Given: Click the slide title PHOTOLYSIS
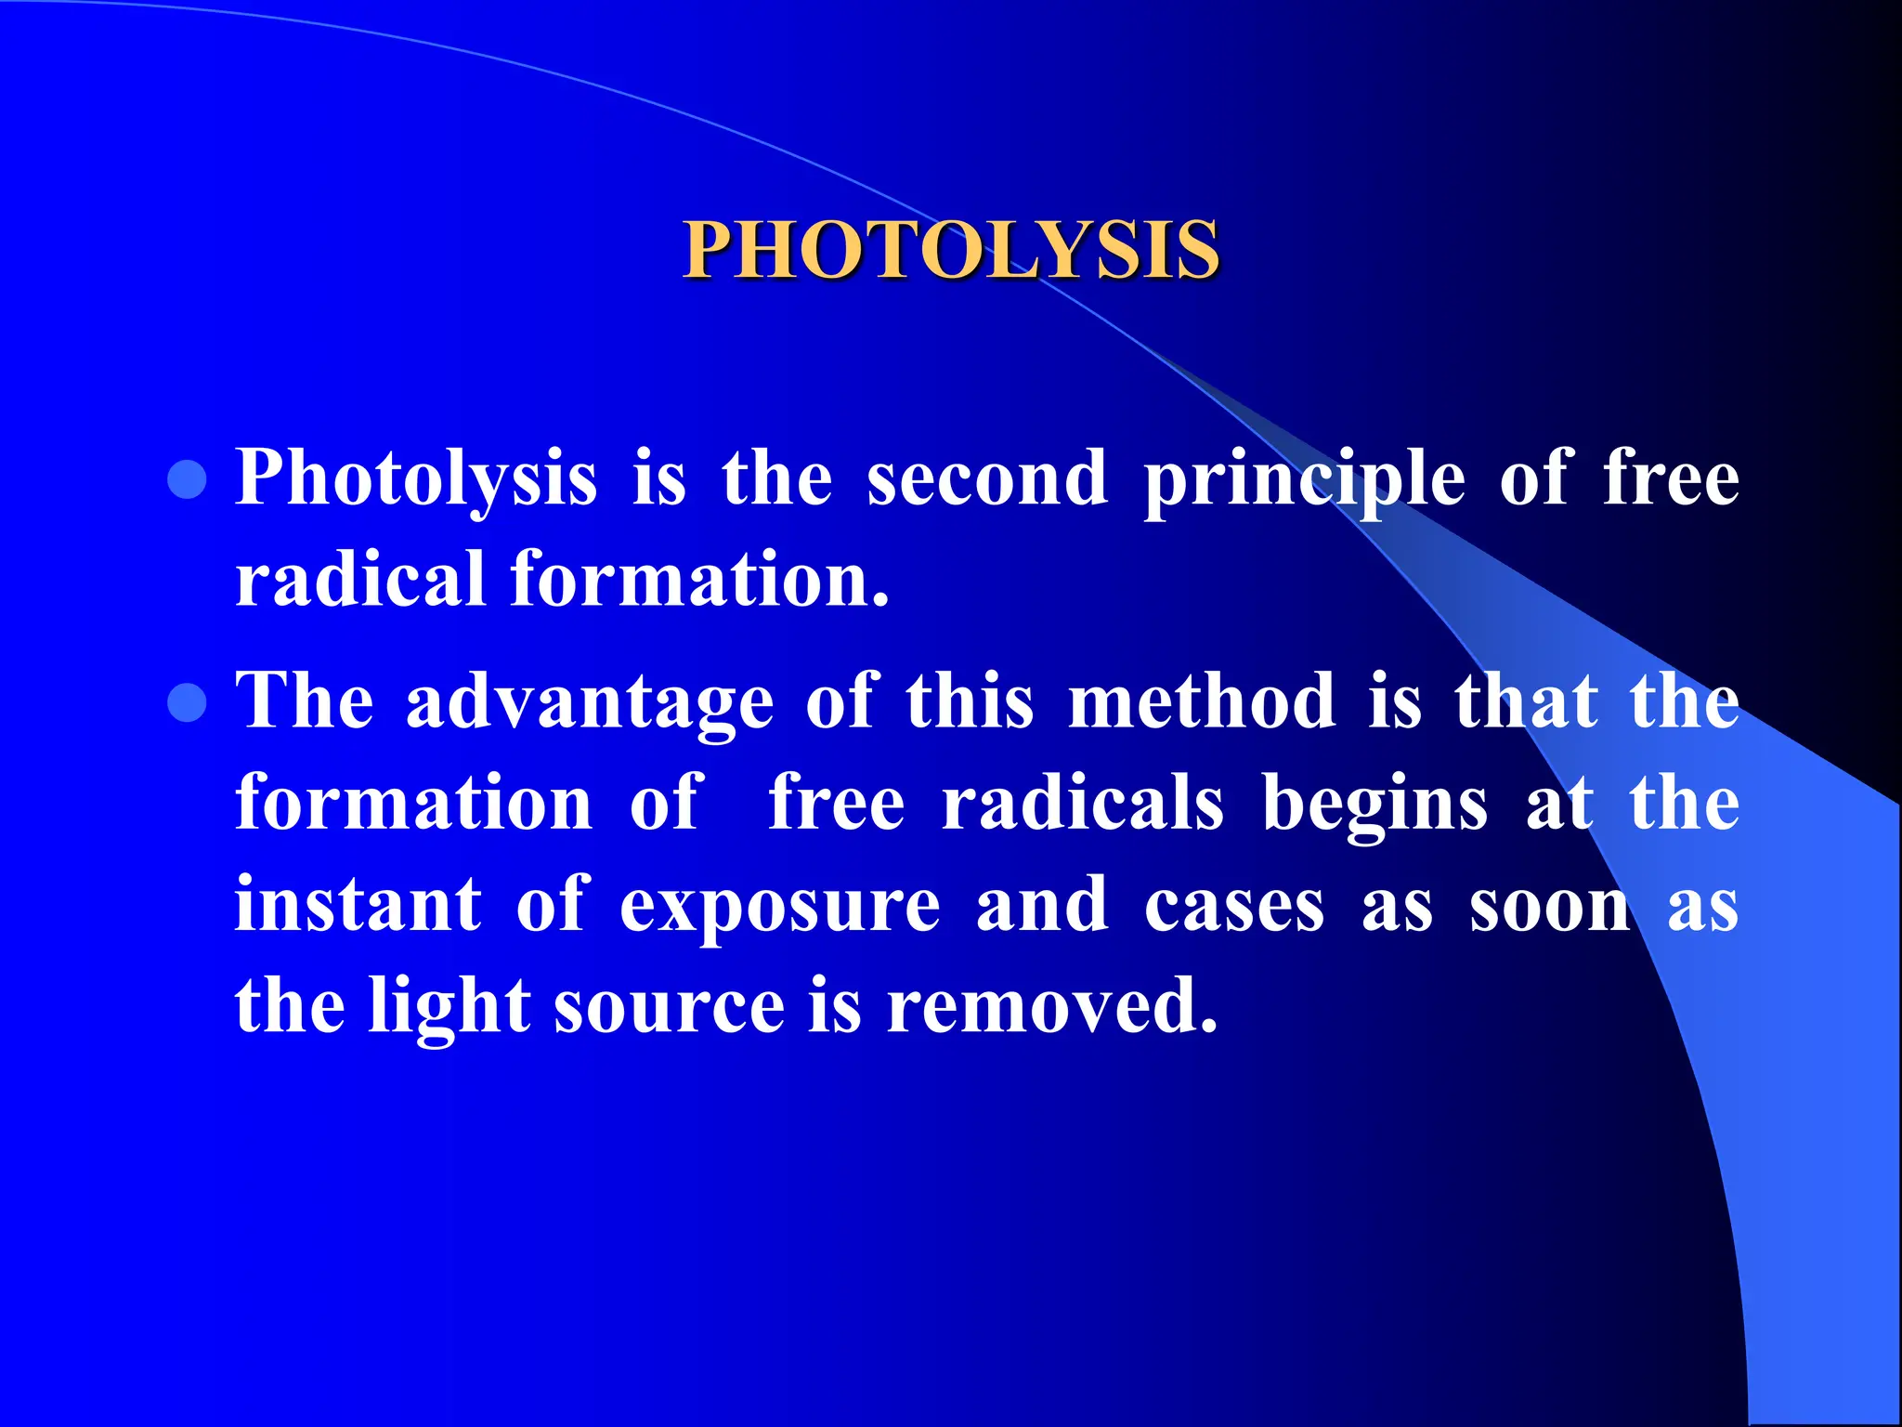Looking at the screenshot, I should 951,250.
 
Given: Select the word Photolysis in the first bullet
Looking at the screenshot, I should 416,480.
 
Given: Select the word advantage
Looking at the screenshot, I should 590,703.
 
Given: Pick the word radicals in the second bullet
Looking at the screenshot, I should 1083,803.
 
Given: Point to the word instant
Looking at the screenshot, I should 358,905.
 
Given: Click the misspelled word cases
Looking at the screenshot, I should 1234,907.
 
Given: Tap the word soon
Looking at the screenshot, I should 1550,907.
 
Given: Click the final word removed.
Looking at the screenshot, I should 1051,1006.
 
